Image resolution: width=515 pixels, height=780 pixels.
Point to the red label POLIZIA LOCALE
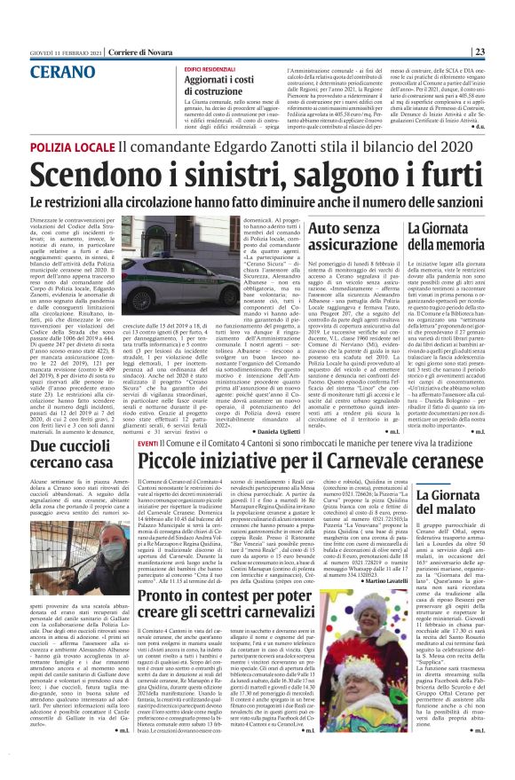(73, 146)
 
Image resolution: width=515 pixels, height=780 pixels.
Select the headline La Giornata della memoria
(446, 237)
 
